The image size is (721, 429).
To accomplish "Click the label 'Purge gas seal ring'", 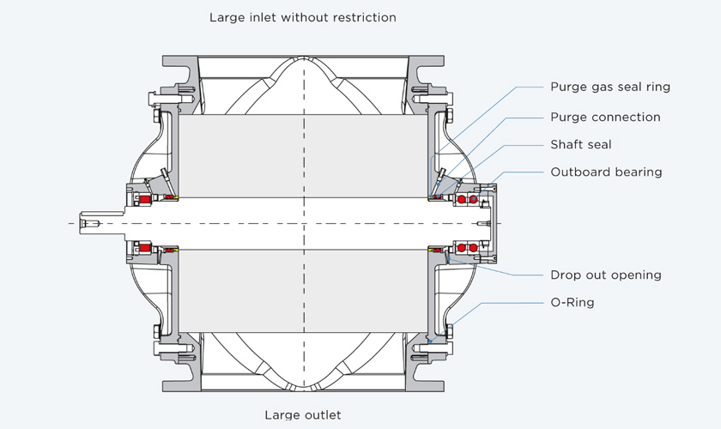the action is [x=610, y=87].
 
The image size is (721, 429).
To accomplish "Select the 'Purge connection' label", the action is [x=605, y=117].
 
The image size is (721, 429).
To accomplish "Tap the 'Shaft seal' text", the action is [x=581, y=144].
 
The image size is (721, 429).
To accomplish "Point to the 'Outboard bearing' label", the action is [x=606, y=172].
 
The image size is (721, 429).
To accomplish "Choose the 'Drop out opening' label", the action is [x=606, y=275].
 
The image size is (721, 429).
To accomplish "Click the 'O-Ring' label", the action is [x=572, y=302].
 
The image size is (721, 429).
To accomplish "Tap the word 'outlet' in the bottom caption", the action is [x=322, y=414].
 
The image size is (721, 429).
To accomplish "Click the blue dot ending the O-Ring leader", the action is [x=430, y=341].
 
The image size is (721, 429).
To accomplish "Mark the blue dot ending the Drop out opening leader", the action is [x=448, y=259].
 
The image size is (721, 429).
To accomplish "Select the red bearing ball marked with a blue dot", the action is [x=473, y=199].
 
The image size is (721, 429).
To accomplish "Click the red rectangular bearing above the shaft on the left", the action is [x=145, y=199].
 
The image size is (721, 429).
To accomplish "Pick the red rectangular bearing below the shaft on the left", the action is [x=145, y=248].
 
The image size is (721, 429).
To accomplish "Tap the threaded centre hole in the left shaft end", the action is [x=89, y=223].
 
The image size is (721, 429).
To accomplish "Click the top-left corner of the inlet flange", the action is [x=163, y=56].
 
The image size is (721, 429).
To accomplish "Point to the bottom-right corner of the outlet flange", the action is [x=444, y=391].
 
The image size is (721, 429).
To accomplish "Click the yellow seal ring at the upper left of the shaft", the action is [x=176, y=198].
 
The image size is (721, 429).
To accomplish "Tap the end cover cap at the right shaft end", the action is [x=491, y=223].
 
